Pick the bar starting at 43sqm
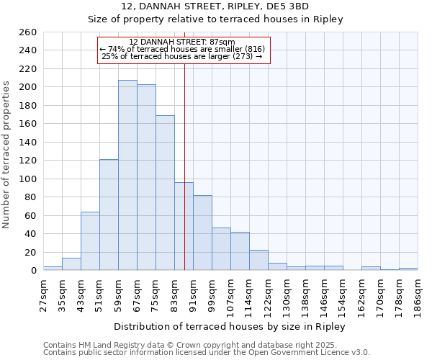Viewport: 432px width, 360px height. pyautogui.click(x=90, y=241)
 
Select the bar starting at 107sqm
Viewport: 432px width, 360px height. pyautogui.click(x=240, y=251)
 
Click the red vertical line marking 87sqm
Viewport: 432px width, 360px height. pyautogui.click(x=184, y=144)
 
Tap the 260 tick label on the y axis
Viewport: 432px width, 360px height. pyautogui.click(x=28, y=32)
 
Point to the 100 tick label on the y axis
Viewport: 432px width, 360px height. pyautogui.click(x=28, y=179)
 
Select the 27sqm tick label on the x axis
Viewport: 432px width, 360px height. pyautogui.click(x=43, y=294)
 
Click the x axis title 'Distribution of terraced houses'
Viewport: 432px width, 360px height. pyautogui.click(x=230, y=326)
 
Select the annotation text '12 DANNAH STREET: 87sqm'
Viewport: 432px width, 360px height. pyautogui.click(x=183, y=42)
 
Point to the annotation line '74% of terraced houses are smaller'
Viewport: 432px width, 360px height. pyautogui.click(x=183, y=49)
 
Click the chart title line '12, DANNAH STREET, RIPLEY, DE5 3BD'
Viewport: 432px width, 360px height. pyautogui.click(x=215, y=6)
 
